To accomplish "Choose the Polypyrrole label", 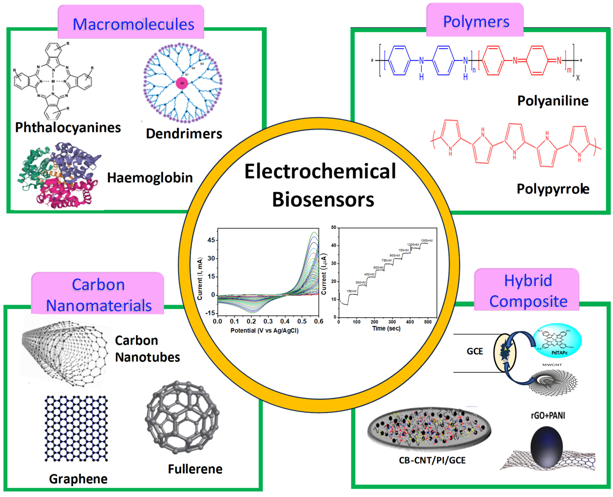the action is pyautogui.click(x=553, y=189).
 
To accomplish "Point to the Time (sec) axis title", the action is pyautogui.click(x=386, y=328).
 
